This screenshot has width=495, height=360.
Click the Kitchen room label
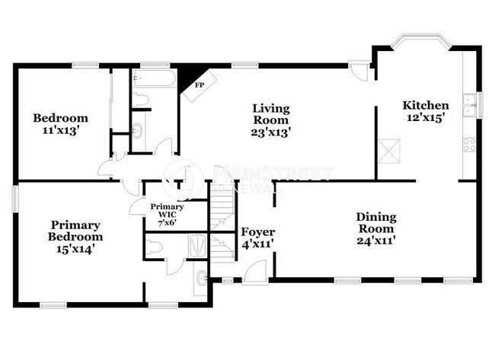coord(425,105)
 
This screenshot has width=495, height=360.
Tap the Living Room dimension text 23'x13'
coord(270,131)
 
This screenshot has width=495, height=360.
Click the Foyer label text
coord(257,231)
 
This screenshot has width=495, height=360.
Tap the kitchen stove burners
coord(469,143)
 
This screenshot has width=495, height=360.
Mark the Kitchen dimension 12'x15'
coord(425,119)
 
